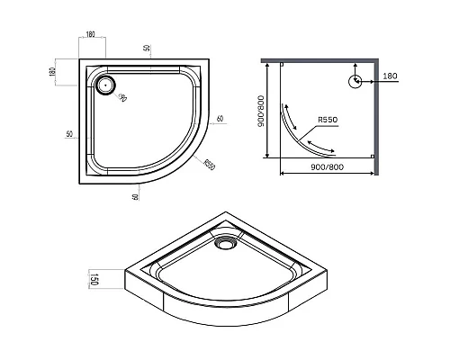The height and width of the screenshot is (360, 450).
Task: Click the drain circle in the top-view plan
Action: [105, 85]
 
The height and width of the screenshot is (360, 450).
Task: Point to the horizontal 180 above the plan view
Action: [91, 36]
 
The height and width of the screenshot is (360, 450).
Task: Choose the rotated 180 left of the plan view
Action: [53, 71]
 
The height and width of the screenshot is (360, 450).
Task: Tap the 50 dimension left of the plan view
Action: [69, 134]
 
